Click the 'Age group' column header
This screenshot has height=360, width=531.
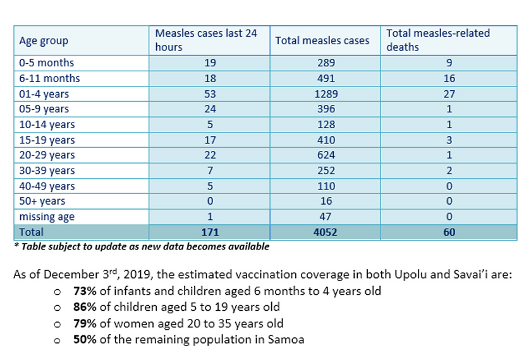coord(44,41)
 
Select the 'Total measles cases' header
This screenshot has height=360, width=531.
coord(322,41)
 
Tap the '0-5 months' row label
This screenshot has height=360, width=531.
coord(46,63)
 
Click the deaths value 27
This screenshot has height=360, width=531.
coord(449,93)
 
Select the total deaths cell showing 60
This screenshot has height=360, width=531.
coord(449,232)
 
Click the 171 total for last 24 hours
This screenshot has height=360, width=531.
coord(211,232)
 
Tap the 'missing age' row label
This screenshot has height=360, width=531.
coord(47,217)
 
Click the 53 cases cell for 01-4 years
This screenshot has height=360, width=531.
coord(211,93)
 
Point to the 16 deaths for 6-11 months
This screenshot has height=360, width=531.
coord(449,78)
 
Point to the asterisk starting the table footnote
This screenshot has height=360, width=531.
coord(17,246)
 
